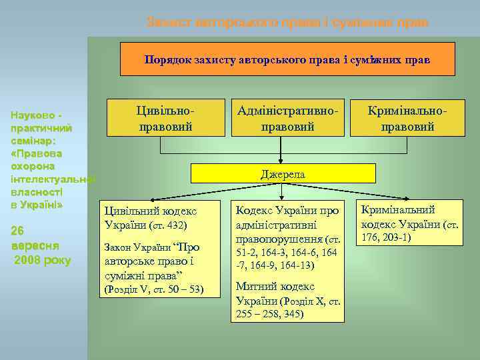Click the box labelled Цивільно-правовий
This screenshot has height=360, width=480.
point(166,117)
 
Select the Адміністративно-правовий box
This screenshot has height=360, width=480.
point(287,117)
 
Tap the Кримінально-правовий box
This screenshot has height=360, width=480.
point(407,117)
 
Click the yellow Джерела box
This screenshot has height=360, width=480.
point(283,174)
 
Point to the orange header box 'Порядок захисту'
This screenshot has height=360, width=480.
point(287,59)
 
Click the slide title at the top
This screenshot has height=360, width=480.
point(287,22)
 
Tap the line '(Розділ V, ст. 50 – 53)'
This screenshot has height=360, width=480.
point(154,289)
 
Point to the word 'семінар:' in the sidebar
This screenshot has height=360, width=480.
point(33,140)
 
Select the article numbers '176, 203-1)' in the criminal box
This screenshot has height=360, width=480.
point(387,237)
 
